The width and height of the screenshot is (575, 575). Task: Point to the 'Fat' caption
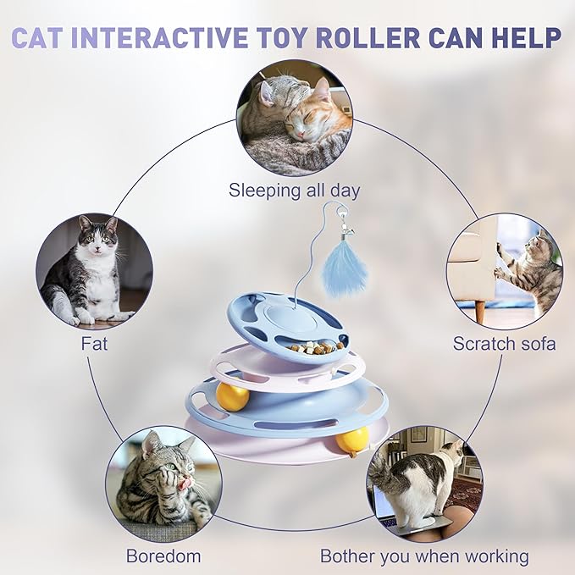(x=94, y=344)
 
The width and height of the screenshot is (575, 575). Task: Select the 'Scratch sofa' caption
(x=504, y=344)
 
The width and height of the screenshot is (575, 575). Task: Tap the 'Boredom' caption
(x=163, y=556)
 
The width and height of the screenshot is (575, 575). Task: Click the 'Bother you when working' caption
(x=424, y=556)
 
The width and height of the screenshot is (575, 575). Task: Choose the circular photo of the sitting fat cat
(x=94, y=271)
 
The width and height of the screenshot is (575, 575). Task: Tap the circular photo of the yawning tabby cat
(x=164, y=484)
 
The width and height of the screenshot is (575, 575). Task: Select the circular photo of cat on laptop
(x=424, y=484)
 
